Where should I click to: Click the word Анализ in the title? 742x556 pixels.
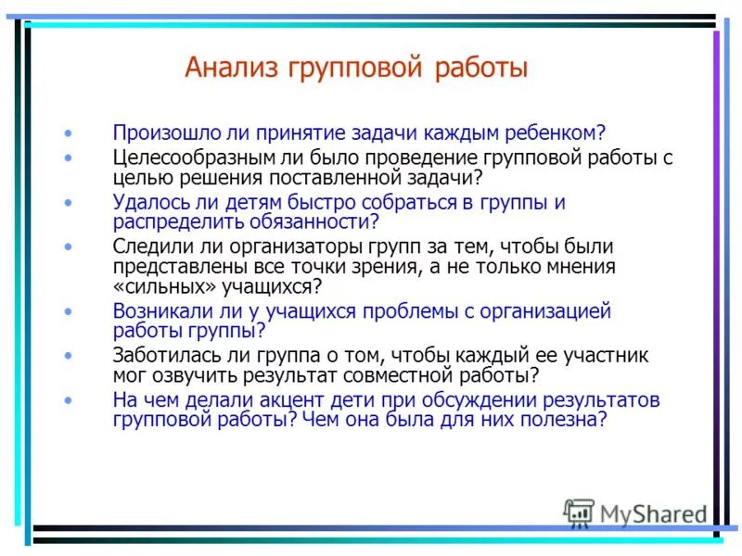click(232, 68)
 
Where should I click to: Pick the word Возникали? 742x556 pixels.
click(155, 311)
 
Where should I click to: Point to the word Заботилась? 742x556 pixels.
click(158, 355)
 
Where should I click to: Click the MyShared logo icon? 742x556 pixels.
click(579, 512)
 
